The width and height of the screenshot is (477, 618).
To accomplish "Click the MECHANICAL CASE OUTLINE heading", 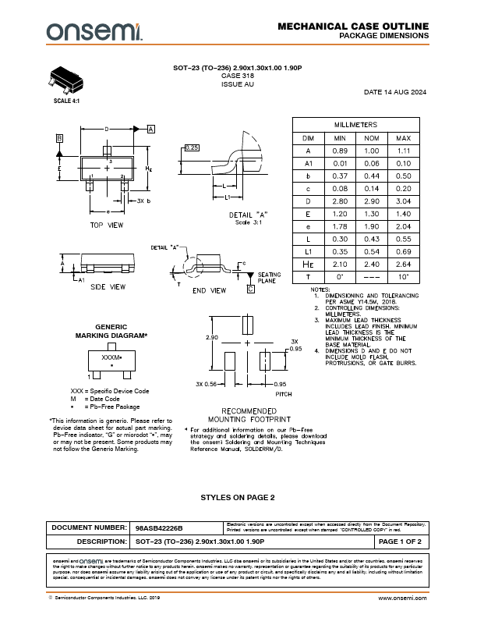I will coord(353,27).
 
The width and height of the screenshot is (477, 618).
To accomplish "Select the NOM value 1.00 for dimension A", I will coord(371,151).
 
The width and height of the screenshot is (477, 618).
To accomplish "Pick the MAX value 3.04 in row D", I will coord(403,201).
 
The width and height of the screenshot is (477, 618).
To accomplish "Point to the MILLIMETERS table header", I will coord(355,125).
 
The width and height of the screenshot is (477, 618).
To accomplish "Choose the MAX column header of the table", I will coord(403,138).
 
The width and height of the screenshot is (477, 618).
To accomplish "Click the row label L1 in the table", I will coord(308,250).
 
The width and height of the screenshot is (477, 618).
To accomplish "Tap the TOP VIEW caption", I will coord(107,225).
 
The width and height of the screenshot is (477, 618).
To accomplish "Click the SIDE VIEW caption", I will coord(108,286).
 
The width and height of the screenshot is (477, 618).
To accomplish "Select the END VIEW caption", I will coord(210,290).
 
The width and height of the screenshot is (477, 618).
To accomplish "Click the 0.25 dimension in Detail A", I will coord(193,147).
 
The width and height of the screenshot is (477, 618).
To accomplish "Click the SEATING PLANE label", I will coord(270,278).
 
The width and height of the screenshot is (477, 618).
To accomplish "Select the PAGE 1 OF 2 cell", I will coord(400,540).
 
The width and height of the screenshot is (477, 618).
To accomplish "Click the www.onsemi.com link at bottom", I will coord(402,597).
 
